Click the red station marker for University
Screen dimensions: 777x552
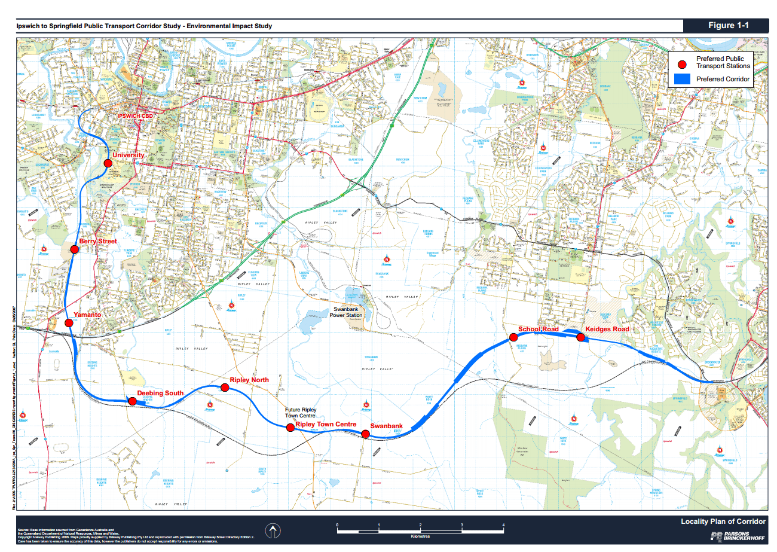point(108,163)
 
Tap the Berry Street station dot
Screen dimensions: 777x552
point(75,249)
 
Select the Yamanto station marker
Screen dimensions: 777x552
point(69,322)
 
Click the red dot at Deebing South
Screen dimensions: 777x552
point(132,401)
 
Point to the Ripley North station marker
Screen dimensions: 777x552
point(225,388)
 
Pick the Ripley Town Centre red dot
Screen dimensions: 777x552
point(290,427)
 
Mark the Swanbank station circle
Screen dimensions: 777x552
point(365,434)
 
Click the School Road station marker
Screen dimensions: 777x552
point(513,337)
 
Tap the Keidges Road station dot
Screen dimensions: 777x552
point(580,337)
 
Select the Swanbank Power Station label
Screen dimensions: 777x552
point(347,312)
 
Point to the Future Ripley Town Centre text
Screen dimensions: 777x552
point(300,413)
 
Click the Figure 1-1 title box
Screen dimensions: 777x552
point(728,25)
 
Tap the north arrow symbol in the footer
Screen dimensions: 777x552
point(273,530)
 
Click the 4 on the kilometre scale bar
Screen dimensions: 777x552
point(503,524)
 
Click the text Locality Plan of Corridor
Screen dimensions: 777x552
point(723,521)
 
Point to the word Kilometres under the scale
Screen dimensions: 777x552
point(421,536)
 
